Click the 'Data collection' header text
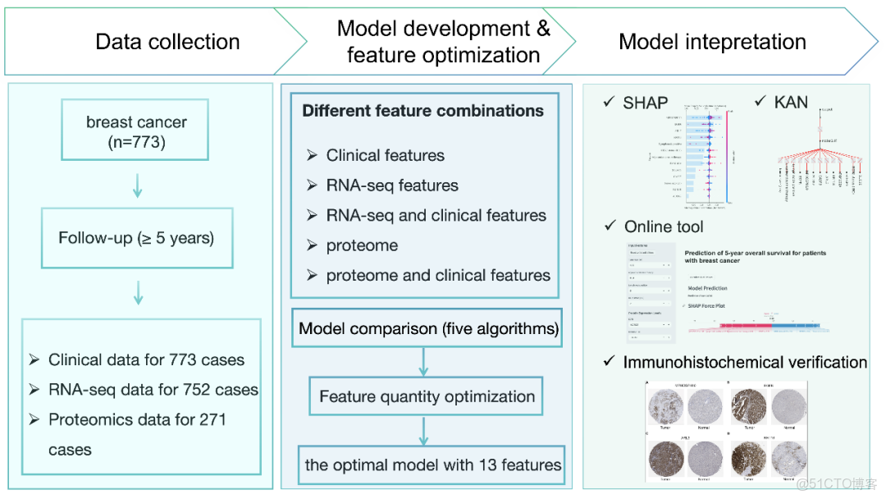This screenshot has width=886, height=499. point(167,42)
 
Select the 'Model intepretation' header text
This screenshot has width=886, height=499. point(712,42)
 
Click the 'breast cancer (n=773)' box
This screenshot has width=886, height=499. point(137,132)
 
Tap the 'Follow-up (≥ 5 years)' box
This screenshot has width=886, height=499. point(136,239)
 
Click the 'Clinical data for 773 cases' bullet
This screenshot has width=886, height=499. point(146,359)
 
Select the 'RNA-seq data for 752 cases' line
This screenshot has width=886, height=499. point(153,390)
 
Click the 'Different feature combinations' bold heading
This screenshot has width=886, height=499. point(422,111)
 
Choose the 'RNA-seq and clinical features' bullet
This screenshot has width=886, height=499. point(436,216)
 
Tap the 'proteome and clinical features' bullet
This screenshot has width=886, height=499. point(438,276)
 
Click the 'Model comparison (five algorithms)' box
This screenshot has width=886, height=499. point(428,329)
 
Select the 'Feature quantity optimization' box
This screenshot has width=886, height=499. point(427,396)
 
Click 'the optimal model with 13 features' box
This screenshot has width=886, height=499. point(433,465)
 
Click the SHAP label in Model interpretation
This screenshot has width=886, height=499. point(646,103)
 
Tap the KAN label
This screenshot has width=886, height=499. point(791,103)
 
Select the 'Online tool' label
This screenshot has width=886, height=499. point(664,227)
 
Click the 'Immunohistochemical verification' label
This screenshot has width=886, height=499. point(745,362)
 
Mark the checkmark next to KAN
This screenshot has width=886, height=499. point(760,102)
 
